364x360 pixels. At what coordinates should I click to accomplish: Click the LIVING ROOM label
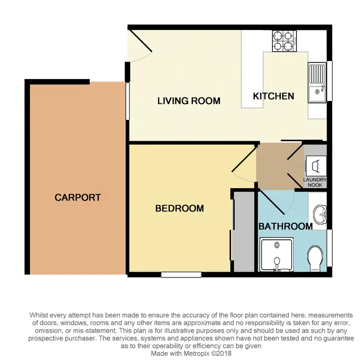[x=189, y=101]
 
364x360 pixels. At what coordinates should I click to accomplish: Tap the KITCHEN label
[x=274, y=96]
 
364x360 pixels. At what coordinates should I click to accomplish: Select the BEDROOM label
[x=179, y=209]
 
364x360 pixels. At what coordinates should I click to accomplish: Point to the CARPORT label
[x=78, y=197]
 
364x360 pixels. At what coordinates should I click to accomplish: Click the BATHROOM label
[x=285, y=227]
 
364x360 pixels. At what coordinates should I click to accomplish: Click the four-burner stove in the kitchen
[x=284, y=41]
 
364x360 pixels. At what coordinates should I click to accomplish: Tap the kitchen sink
[x=317, y=86]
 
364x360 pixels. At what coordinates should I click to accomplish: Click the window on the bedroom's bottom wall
[x=181, y=275]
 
